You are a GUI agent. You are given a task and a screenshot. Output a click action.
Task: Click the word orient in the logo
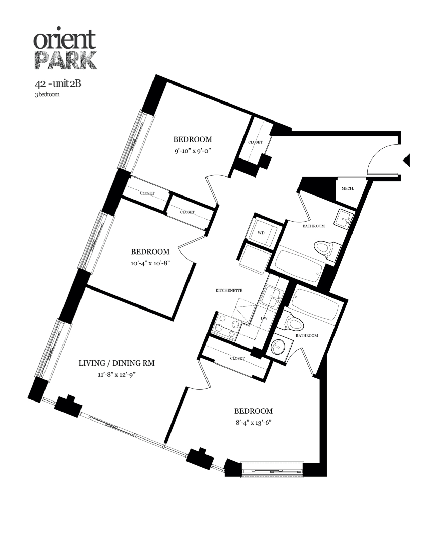(x=65, y=40)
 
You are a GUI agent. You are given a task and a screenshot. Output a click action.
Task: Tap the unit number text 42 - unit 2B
(x=58, y=84)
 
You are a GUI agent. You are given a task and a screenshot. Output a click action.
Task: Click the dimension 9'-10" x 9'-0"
(x=193, y=151)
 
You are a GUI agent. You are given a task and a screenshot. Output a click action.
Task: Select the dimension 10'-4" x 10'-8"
(x=150, y=263)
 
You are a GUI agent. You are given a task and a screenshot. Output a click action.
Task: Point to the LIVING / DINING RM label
(x=116, y=363)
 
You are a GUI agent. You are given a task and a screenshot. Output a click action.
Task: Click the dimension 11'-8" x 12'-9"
(x=116, y=375)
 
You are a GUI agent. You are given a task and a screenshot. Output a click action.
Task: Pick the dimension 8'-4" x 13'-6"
(x=253, y=423)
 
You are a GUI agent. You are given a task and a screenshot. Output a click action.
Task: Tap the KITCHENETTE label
(x=229, y=291)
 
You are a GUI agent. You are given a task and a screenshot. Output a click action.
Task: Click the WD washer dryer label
(x=261, y=233)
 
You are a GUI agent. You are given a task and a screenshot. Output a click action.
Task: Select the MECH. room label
(x=347, y=188)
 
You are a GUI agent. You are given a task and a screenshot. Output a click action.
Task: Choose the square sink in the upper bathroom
(x=343, y=219)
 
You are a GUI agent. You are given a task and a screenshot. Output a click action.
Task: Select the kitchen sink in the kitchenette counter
(x=272, y=297)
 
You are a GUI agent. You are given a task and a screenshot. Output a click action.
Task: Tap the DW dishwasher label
(x=265, y=319)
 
